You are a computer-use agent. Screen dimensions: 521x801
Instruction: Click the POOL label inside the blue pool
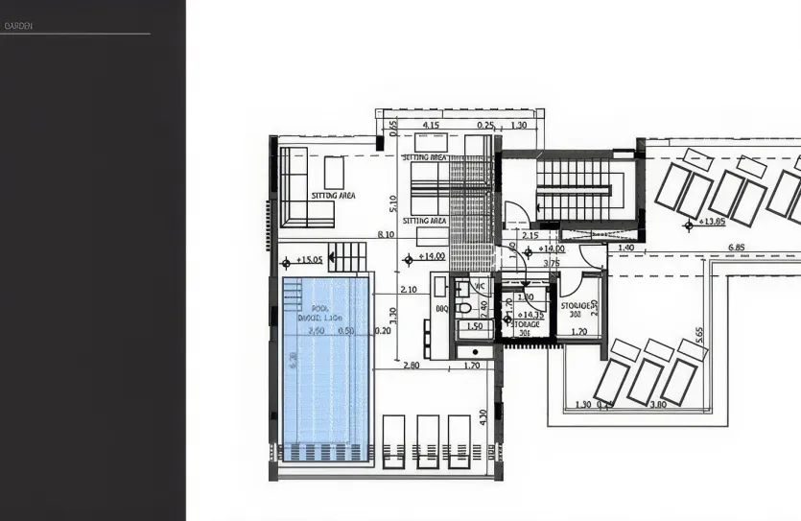tap(319, 308)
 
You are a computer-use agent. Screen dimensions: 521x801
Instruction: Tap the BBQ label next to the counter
tap(442, 309)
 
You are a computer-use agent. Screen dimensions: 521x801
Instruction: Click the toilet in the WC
tap(463, 307)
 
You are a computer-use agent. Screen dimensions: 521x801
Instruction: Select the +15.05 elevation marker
tap(309, 259)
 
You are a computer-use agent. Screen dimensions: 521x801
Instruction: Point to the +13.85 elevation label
tap(711, 222)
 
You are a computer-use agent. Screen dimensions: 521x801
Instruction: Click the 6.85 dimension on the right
tap(738, 248)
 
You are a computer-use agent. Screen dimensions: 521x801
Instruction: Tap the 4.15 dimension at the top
tap(430, 125)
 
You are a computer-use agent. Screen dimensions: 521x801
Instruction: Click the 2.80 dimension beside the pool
tap(412, 365)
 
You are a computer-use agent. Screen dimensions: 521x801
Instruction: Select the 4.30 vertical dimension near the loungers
tap(483, 417)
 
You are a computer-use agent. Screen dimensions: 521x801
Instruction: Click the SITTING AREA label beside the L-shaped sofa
tap(333, 195)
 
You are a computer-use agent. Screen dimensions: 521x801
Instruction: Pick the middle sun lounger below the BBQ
tap(428, 440)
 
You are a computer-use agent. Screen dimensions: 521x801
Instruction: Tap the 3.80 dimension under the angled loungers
tap(658, 404)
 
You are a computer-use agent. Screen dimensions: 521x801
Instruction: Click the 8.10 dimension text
tap(387, 234)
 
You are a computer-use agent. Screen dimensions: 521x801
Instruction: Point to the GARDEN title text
tap(19, 26)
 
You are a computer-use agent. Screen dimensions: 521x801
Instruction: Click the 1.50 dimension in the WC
tap(474, 326)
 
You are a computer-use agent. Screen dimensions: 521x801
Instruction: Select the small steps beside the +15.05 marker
tap(350, 255)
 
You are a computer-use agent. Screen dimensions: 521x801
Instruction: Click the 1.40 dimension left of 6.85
tap(625, 248)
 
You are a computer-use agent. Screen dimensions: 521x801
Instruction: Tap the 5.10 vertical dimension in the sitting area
tap(392, 203)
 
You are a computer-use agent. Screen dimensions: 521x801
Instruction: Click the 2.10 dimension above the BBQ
tap(408, 289)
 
